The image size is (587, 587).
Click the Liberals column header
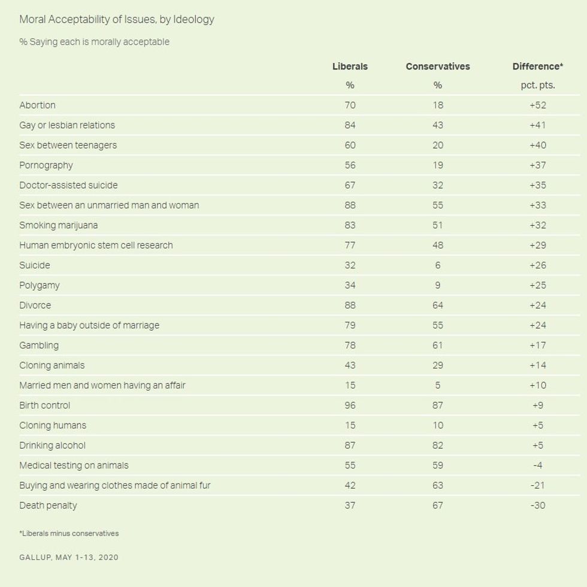point(350,66)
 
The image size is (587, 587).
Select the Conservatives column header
point(437,66)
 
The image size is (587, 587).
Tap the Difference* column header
point(537,66)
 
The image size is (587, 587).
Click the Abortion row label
point(37,105)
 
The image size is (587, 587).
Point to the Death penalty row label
point(48,505)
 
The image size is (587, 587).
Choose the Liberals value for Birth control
point(350,405)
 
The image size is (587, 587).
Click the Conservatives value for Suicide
point(437,265)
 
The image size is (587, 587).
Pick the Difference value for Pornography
point(537,165)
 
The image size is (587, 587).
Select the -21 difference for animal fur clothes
point(537,485)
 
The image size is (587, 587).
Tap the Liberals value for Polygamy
point(350,285)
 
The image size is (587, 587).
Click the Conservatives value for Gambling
point(437,345)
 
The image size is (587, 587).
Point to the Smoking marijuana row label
point(58,225)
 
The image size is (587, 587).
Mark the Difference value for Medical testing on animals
point(537,465)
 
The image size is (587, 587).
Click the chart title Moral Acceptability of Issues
point(117,19)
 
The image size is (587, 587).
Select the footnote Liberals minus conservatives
point(69,533)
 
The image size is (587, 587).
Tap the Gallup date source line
point(69,557)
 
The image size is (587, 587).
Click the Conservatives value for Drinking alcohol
point(437,445)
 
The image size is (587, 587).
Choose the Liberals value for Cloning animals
point(350,365)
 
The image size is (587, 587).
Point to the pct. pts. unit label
point(537,85)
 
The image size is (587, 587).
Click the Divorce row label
point(35,305)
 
